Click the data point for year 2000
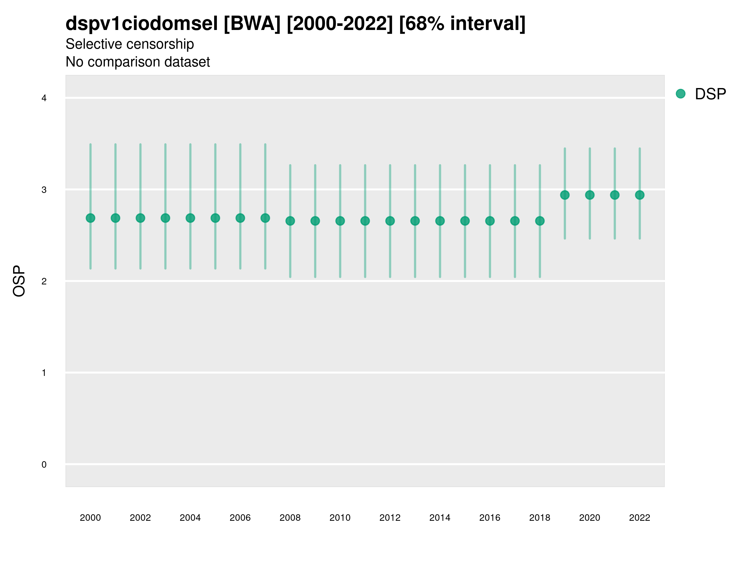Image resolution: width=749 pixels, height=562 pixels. coord(91,218)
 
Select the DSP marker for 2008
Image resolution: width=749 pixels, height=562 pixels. coord(290,221)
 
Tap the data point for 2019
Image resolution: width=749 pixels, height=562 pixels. coord(565,195)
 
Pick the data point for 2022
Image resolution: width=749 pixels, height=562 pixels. coord(640,195)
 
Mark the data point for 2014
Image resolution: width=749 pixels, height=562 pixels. coord(440,221)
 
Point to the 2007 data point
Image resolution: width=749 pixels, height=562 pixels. coord(265,218)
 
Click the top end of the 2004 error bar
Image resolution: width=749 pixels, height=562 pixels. coord(190,144)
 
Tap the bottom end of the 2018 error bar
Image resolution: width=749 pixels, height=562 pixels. coord(540,277)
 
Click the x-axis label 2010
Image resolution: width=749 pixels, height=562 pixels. coord(340,518)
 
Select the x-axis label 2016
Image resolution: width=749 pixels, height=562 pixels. coord(490,518)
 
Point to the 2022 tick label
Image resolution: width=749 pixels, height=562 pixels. coord(640,518)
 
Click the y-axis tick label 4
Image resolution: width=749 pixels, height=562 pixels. coord(44,98)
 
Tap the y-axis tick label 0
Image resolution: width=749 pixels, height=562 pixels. coord(44,465)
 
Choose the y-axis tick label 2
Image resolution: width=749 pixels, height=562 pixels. coord(44,281)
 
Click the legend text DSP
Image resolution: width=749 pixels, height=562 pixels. coord(710,94)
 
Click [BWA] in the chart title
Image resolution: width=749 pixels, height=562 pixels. coord(252,24)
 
